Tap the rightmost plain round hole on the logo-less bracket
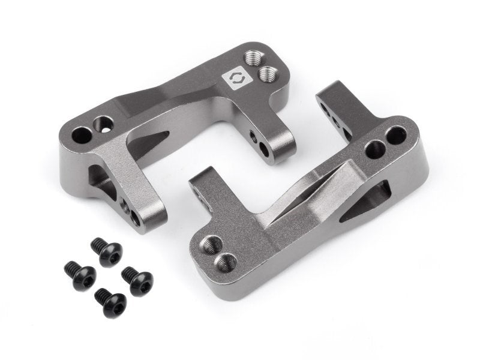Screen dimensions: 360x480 point(396,137)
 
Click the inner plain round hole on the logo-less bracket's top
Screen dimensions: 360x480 point(375,148)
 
